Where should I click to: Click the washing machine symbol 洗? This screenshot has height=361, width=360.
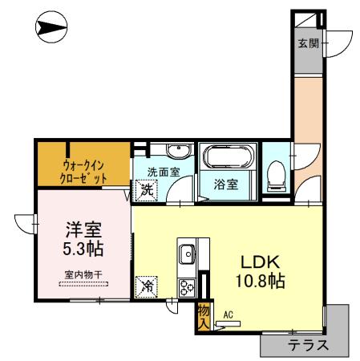tap(147, 190)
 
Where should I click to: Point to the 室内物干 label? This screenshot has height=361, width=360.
tap(83, 274)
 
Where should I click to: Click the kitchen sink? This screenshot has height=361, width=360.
tap(187, 254)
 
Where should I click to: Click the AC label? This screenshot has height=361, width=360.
tap(229, 315)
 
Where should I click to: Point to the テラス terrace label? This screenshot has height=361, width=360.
tap(307, 346)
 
